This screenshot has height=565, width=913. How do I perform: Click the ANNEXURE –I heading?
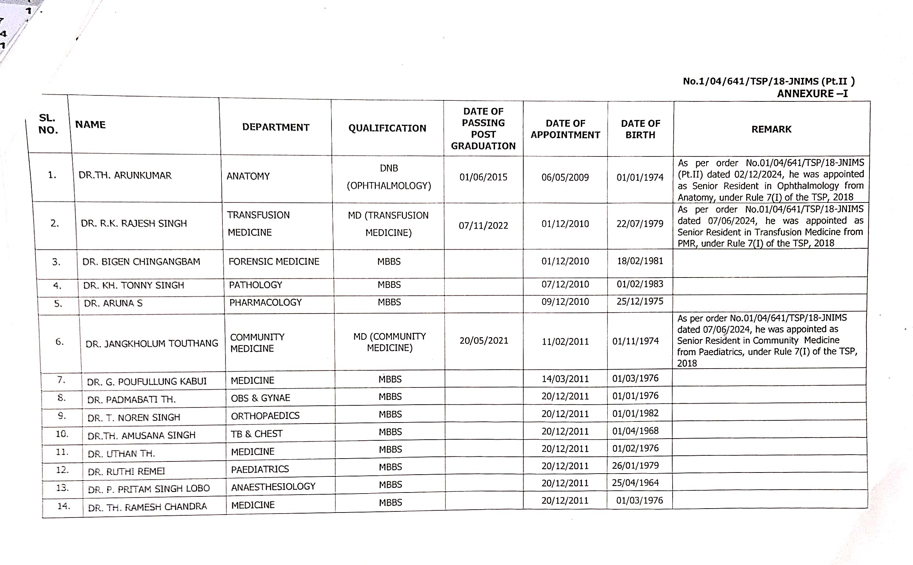point(812,94)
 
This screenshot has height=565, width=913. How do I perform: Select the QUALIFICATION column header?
point(387,128)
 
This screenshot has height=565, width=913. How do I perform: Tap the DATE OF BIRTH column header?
point(640,129)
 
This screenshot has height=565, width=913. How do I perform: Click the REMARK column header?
point(771,129)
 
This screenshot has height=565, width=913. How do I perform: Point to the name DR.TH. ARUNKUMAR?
point(125,175)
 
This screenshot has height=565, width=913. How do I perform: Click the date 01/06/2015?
point(483,177)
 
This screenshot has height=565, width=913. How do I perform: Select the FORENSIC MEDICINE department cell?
point(274,261)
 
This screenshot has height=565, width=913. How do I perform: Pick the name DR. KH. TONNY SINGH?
point(134,285)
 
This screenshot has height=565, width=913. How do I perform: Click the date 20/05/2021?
point(484,341)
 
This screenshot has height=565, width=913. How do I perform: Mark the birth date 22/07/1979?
point(640,224)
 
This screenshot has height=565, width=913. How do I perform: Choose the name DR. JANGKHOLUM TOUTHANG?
point(152,344)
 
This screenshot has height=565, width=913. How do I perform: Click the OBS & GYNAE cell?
point(260,398)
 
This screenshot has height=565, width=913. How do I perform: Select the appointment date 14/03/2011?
point(565,379)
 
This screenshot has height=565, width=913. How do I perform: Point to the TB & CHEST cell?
point(257,434)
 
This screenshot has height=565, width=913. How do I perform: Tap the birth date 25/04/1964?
point(635,483)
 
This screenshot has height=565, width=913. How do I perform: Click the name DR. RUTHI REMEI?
point(126,471)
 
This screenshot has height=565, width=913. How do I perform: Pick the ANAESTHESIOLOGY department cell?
point(273,486)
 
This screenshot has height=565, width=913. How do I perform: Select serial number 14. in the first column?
point(63,506)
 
